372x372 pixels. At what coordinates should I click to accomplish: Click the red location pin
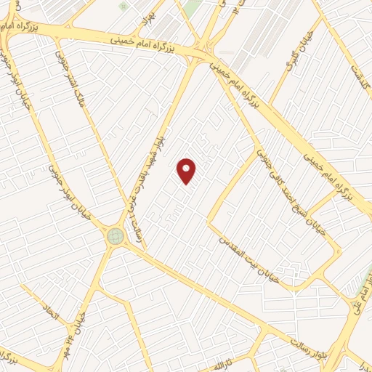point(187,171)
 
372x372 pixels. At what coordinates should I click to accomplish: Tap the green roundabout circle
point(115,236)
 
